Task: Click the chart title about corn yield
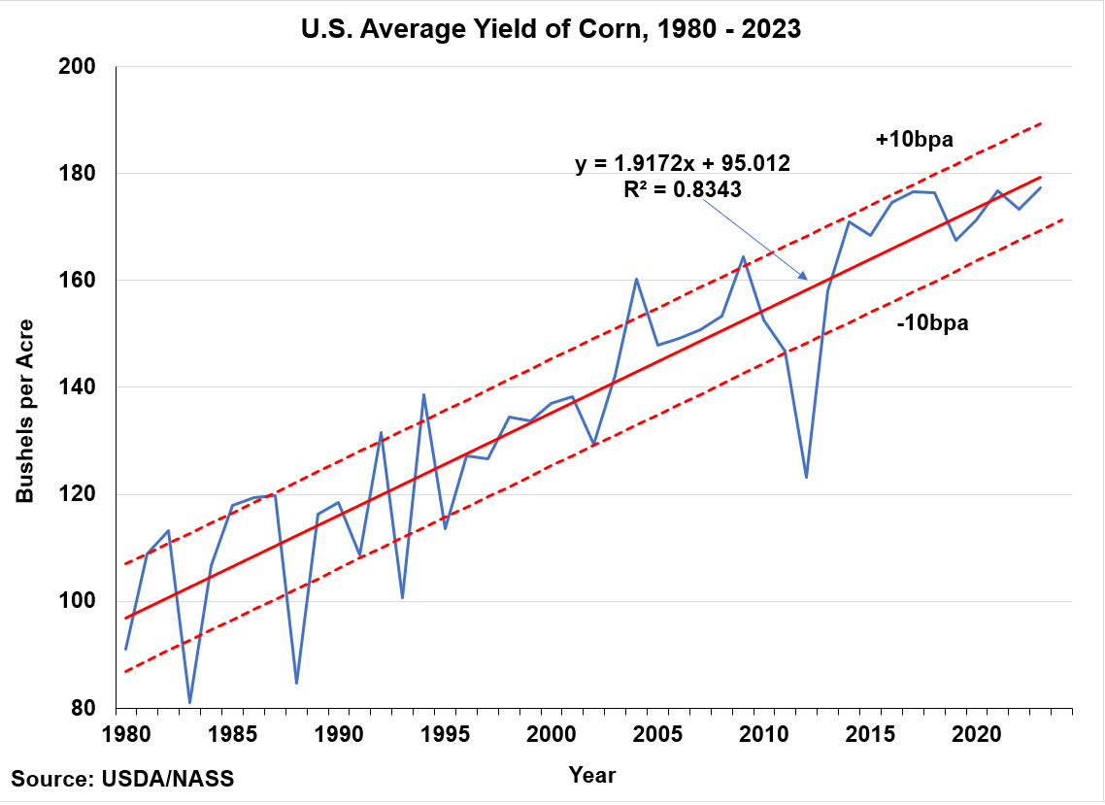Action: click(551, 29)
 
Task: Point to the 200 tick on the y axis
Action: click(84, 67)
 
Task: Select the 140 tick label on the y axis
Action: click(84, 387)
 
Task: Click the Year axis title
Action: click(591, 774)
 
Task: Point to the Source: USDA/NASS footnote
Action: click(123, 779)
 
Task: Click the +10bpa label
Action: click(914, 140)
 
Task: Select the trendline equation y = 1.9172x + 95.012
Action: click(684, 165)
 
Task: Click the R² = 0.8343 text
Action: click(684, 190)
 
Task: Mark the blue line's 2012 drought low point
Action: click(806, 477)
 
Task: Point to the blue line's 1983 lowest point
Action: click(190, 702)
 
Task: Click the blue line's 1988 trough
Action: click(296, 683)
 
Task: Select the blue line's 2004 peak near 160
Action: click(636, 280)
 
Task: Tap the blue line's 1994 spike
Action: click(423, 394)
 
